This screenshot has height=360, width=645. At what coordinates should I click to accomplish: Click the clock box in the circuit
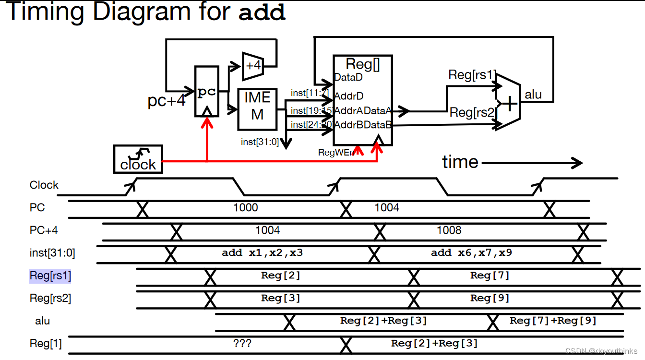pyautogui.click(x=138, y=159)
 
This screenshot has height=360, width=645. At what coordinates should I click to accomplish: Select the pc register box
pyautogui.click(x=207, y=92)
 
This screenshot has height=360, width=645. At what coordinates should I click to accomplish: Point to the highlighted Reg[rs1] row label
pyautogui.click(x=50, y=276)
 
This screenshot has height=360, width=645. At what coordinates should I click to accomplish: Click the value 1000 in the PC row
pyautogui.click(x=245, y=207)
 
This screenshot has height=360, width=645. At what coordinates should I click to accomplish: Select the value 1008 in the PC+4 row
pyautogui.click(x=449, y=230)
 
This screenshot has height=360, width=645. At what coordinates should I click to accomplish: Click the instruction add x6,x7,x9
pyautogui.click(x=471, y=252)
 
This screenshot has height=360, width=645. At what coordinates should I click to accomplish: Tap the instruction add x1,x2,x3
pyautogui.click(x=262, y=252)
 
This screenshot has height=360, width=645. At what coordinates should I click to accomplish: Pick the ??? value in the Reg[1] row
pyautogui.click(x=242, y=343)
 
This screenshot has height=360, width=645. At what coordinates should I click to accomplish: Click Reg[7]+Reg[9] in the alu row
pyautogui.click(x=553, y=321)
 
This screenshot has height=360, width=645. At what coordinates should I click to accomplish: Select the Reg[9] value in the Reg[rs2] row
pyautogui.click(x=490, y=298)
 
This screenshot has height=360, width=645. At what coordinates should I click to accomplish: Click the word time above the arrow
pyautogui.click(x=460, y=162)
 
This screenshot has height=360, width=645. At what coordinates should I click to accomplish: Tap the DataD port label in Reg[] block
pyautogui.click(x=348, y=77)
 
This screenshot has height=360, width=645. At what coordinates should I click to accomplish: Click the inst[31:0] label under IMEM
pyautogui.click(x=260, y=142)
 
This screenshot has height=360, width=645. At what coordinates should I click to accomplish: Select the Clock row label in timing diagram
pyautogui.click(x=44, y=185)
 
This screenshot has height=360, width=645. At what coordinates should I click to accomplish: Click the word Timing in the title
pyautogui.click(x=46, y=12)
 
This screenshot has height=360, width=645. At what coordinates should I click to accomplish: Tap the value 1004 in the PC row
pyautogui.click(x=386, y=207)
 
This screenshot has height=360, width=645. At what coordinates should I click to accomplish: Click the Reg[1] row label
pyautogui.click(x=46, y=343)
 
